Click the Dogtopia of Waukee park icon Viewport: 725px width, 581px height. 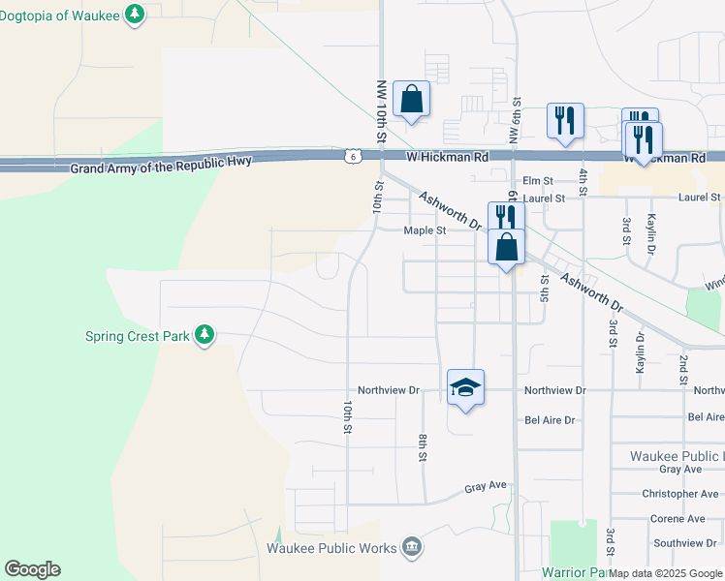(x=136, y=15)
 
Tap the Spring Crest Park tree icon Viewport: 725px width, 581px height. (x=204, y=334)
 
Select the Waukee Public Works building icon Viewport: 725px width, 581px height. (x=413, y=548)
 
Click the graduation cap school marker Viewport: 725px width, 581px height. (x=465, y=388)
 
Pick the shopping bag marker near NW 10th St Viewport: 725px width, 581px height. (x=412, y=99)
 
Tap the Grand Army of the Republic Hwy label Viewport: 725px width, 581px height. (x=161, y=165)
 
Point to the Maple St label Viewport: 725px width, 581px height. (x=425, y=230)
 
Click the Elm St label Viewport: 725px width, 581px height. (x=537, y=181)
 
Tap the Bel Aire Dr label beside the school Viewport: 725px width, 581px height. (x=550, y=420)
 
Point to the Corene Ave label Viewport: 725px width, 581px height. (x=678, y=519)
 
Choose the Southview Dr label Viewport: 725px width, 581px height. (x=683, y=543)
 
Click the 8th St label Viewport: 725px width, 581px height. (x=424, y=447)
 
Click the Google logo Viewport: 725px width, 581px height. (x=32, y=569)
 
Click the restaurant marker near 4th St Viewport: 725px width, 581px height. (x=565, y=121)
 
